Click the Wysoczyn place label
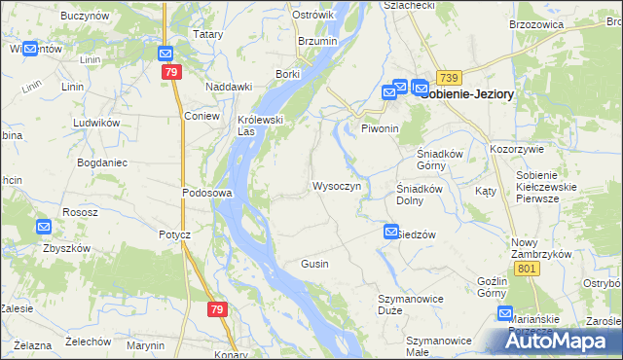pyautogui.click(x=337, y=186)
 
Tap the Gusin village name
pyautogui.click(x=314, y=264)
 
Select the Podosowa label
pyautogui.click(x=206, y=193)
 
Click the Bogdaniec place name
pyautogui.click(x=102, y=162)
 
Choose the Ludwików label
pyautogui.click(x=95, y=124)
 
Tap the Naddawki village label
pyautogui.click(x=230, y=87)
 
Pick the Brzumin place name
pyautogui.click(x=316, y=42)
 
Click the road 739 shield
pyautogui.click(x=448, y=77)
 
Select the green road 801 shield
pyautogui.click(x=529, y=269)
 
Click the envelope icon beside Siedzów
pyautogui.click(x=391, y=232)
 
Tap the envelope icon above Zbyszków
pyautogui.click(x=44, y=228)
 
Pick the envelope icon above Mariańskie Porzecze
pyautogui.click(x=505, y=313)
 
